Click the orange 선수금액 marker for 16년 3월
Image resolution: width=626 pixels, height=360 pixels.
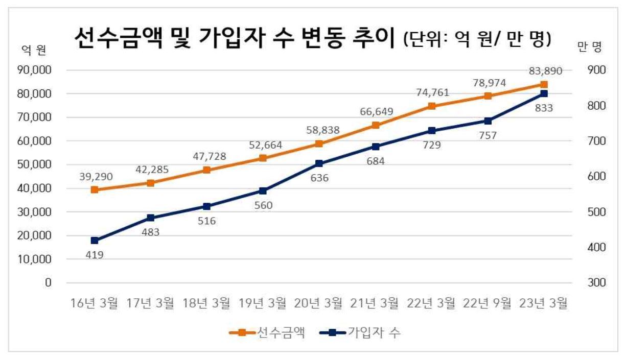click(95, 189)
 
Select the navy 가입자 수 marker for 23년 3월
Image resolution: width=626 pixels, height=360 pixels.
click(544, 93)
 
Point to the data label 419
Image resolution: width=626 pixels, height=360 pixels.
click(95, 254)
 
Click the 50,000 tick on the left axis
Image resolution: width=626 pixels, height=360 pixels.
click(38, 164)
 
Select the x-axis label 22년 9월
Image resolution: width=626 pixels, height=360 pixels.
click(488, 303)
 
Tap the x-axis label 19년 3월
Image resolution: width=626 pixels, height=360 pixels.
click(263, 303)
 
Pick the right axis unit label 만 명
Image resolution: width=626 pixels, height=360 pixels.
click(589, 47)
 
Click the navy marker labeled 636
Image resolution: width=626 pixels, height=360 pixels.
click(319, 163)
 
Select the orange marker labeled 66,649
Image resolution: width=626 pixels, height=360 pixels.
click(376, 125)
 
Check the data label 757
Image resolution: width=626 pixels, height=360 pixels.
click(488, 136)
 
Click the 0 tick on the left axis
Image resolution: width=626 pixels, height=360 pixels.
click(49, 283)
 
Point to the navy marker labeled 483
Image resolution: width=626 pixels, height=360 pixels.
click(151, 218)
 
